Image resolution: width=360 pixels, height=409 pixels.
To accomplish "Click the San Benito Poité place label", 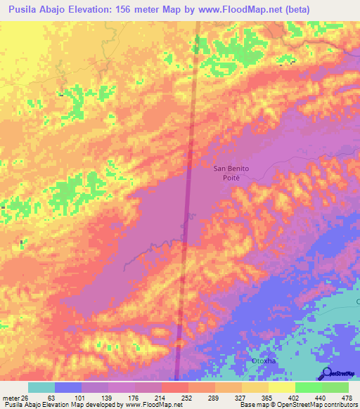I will [x=231, y=173].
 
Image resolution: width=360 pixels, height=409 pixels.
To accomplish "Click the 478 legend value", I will [x=347, y=397].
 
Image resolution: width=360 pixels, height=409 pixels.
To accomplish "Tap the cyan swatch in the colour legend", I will [x=41, y=387].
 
